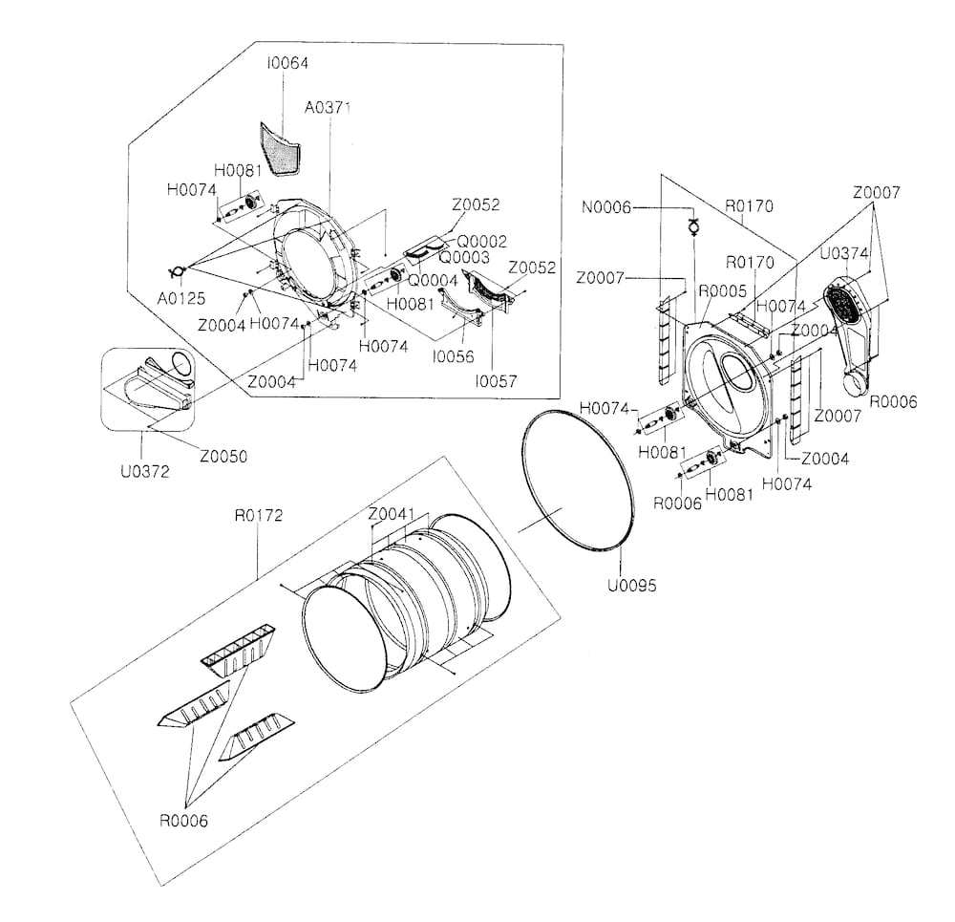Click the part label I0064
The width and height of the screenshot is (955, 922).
pos(287,63)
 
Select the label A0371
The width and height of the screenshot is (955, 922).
pos(329,108)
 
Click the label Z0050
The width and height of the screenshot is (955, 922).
pos(224,457)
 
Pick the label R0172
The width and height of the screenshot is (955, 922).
pos(259,516)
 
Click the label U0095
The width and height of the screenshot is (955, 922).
pos(631,586)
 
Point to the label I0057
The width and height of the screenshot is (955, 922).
pos(496,380)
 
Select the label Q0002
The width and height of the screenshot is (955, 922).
pos(481,242)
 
